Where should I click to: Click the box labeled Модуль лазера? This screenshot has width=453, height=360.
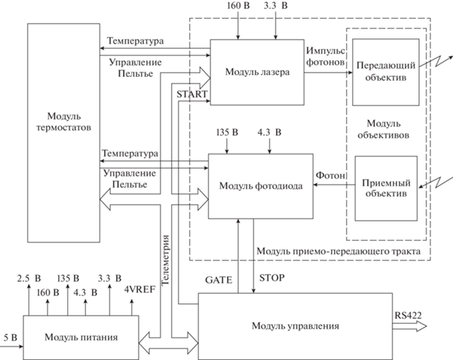[x=257, y=72]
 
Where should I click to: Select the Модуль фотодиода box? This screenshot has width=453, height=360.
[x=261, y=186]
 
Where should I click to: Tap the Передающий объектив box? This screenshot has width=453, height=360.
[x=386, y=72]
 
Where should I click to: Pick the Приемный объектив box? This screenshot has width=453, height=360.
[x=386, y=188]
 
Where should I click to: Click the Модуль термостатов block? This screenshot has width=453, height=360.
[x=63, y=133]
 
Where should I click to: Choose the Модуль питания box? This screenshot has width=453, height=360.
[x=81, y=337]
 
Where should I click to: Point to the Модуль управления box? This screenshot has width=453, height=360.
[x=295, y=326]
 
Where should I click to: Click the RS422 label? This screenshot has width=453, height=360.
[x=408, y=316]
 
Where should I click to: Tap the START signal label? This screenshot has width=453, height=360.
[x=192, y=94]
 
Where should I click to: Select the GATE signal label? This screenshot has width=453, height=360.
[x=219, y=280]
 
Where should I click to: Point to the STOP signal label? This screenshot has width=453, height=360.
[x=271, y=278]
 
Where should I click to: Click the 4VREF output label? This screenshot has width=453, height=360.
[x=139, y=289]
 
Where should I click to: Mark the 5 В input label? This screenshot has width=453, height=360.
[x=11, y=337]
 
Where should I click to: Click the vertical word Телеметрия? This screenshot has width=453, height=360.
[x=165, y=260]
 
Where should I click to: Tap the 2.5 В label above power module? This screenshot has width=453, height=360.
[x=29, y=279]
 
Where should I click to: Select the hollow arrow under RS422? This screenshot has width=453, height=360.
[x=409, y=327]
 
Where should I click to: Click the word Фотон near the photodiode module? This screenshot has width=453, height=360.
[x=330, y=175]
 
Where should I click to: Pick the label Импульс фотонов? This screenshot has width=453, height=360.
[x=326, y=56]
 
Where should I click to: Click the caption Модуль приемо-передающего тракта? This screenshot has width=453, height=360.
[x=338, y=251]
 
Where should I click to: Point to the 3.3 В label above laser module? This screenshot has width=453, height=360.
[x=276, y=6]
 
